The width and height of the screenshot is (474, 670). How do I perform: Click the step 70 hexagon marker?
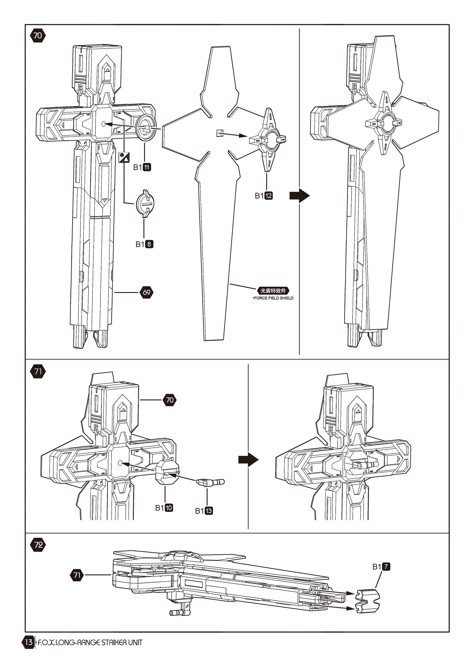tap(38, 36)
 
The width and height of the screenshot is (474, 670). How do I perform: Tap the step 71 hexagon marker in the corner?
tap(38, 371)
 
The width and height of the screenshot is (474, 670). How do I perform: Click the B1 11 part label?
tap(142, 167)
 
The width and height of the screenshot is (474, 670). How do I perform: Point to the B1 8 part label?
tap(144, 244)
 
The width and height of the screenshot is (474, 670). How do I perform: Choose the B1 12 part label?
tap(264, 196)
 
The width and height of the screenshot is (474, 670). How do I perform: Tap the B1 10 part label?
tap(164, 508)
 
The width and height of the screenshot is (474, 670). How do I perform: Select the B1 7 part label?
tap(381, 567)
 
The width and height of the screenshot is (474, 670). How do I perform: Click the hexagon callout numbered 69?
tap(146, 292)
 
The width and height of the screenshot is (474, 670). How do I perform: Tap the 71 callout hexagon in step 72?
tap(77, 575)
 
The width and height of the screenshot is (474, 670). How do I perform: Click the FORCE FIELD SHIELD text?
tap(273, 298)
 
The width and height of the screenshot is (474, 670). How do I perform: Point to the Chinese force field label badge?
tap(273, 291)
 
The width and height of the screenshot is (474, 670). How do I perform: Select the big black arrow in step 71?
tap(248, 460)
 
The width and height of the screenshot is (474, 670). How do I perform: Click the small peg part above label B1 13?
tap(210, 482)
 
